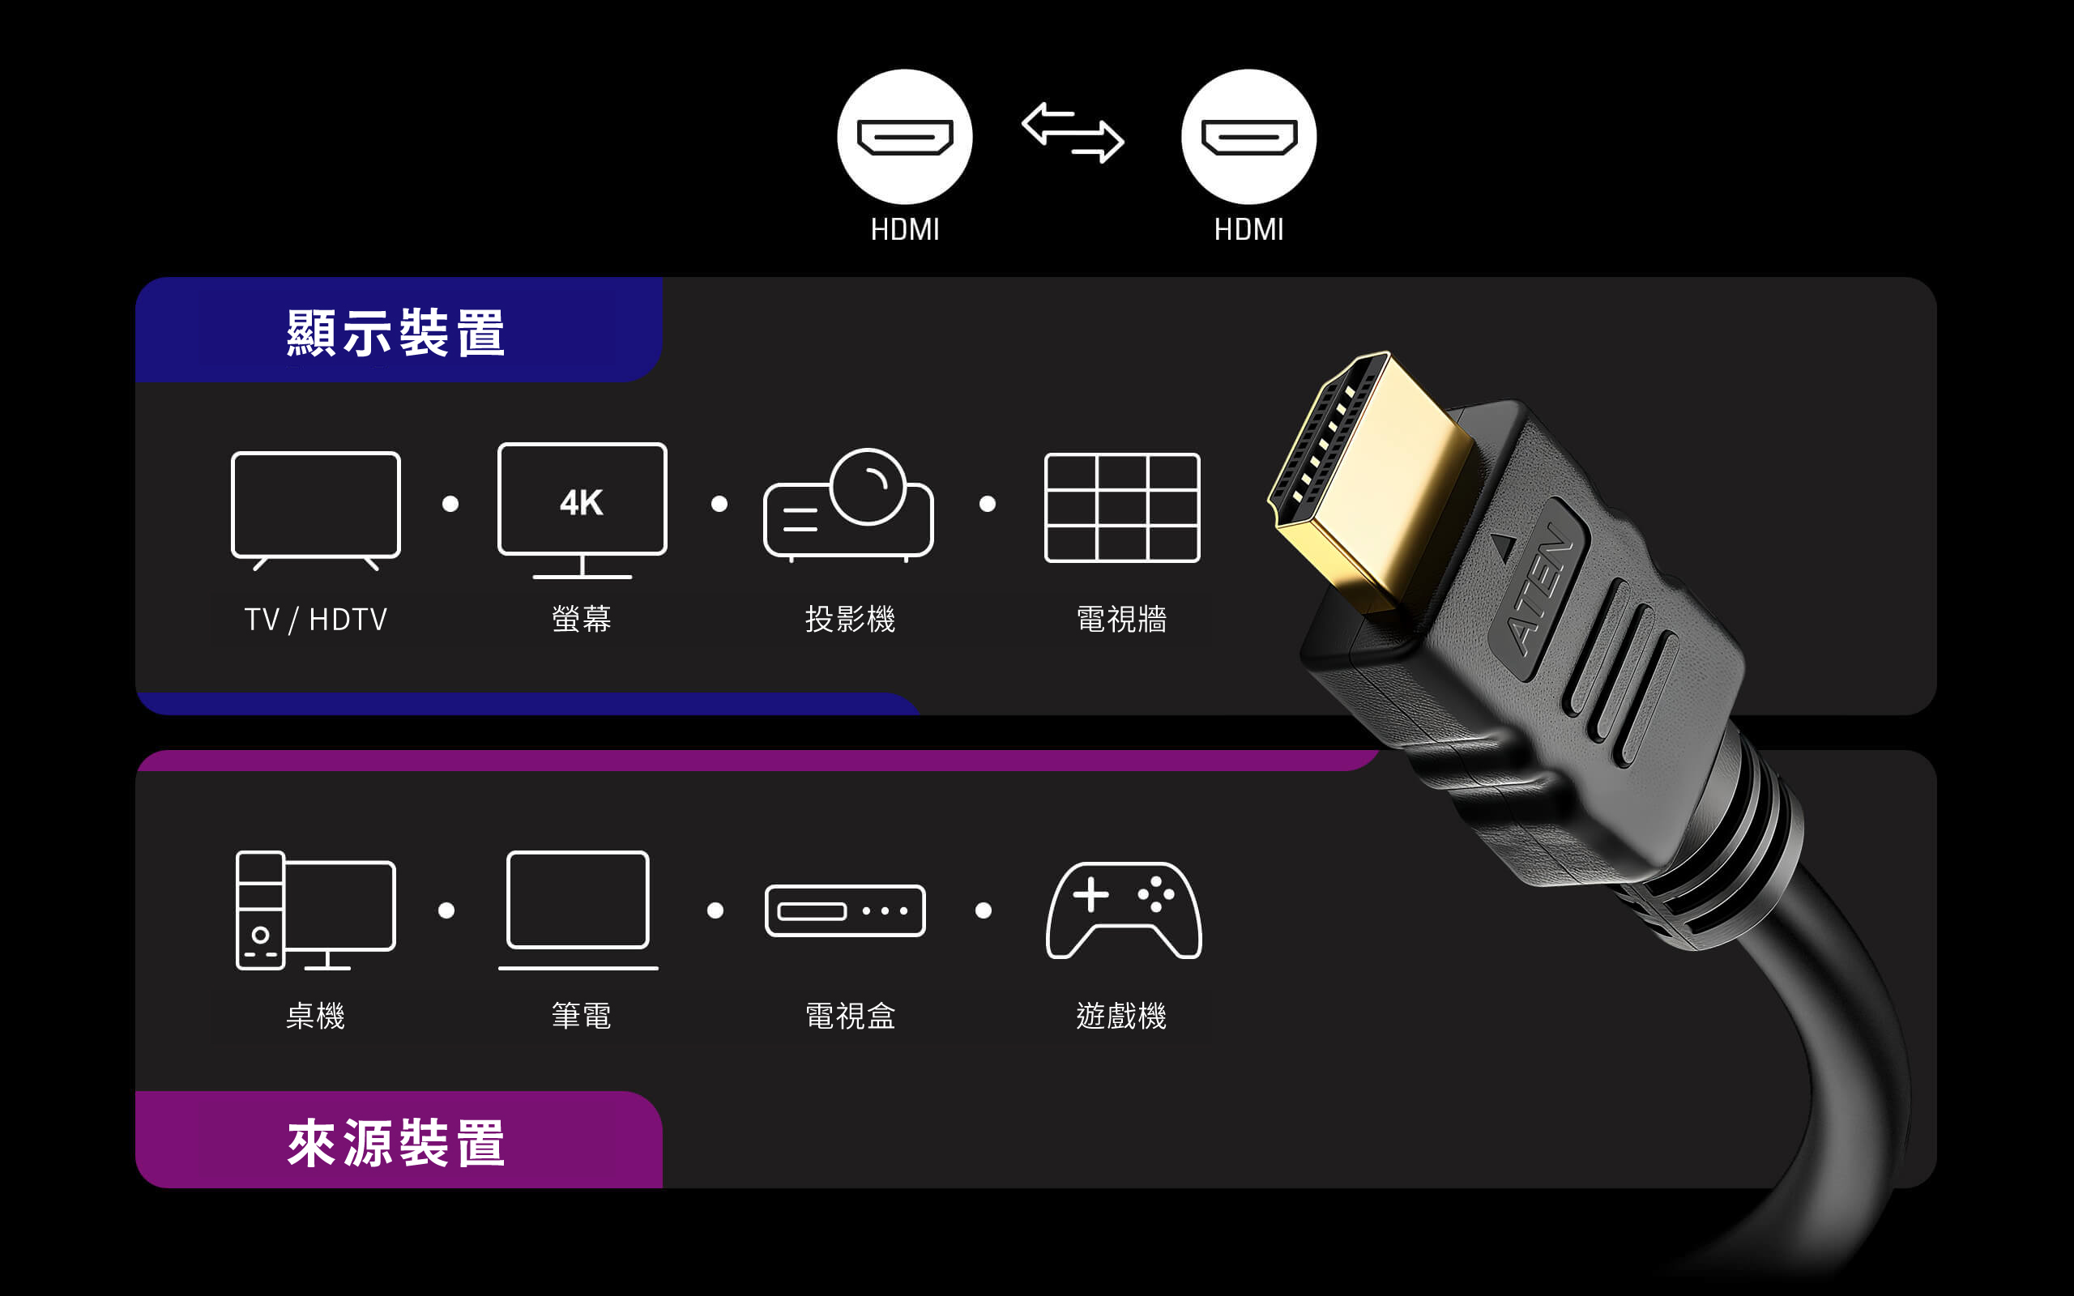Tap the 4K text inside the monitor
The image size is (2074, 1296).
pyautogui.click(x=581, y=503)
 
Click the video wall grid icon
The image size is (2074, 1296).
pyautogui.click(x=1122, y=507)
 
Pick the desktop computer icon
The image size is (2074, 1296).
pyautogui.click(x=315, y=910)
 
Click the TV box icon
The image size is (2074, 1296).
pyautogui.click(x=845, y=910)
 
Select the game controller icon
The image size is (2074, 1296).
pyautogui.click(x=1124, y=910)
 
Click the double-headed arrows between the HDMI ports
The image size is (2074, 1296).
pyautogui.click(x=1073, y=133)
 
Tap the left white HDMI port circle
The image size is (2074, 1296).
pyautogui.click(x=905, y=137)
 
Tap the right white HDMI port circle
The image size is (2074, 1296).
pyautogui.click(x=1248, y=137)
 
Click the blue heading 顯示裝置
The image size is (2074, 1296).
pyautogui.click(x=396, y=333)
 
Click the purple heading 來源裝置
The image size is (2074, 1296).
pyautogui.click(x=396, y=1143)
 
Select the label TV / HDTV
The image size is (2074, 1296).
pyautogui.click(x=315, y=620)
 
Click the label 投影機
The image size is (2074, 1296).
pyautogui.click(x=850, y=619)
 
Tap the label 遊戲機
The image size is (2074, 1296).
pyautogui.click(x=1121, y=1017)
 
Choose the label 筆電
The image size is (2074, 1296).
pyautogui.click(x=581, y=1017)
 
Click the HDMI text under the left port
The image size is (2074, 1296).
pyautogui.click(x=905, y=230)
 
